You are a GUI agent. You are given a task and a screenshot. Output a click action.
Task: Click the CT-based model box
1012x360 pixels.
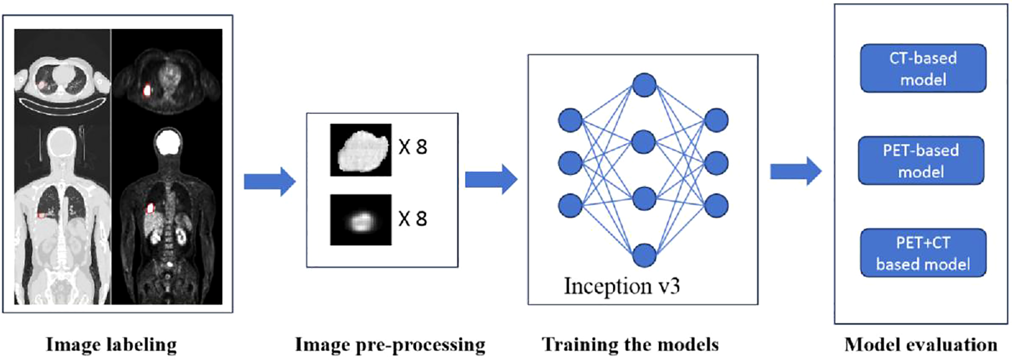pos(923,68)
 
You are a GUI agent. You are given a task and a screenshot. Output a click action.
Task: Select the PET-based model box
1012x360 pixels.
pos(921,161)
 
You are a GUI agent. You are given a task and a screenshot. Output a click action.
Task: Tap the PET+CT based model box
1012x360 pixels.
pos(923,253)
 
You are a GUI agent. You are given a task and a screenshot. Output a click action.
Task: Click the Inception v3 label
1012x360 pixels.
pos(622,286)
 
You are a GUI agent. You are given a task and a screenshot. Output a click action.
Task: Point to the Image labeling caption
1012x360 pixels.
pos(111,344)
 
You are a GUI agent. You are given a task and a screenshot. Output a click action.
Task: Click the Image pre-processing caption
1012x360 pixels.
pos(390,344)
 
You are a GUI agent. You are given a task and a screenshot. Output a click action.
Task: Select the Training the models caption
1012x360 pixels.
pos(630,344)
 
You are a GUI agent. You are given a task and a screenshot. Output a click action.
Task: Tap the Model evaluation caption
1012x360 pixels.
pos(921,344)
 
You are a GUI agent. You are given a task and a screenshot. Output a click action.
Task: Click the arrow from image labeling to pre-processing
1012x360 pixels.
pos(269,182)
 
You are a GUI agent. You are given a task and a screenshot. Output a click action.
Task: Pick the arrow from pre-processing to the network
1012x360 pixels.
pos(491,179)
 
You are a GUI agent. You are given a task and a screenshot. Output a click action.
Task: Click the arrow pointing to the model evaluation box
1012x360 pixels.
pos(795,171)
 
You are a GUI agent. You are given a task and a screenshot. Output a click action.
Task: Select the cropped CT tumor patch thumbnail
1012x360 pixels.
pos(361,150)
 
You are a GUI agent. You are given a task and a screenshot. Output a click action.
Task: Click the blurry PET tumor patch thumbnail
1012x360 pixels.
pos(361,220)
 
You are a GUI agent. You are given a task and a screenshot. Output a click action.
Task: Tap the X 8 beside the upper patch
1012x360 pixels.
pos(413,148)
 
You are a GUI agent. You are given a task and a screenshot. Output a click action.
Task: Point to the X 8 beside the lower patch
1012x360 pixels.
pos(413,219)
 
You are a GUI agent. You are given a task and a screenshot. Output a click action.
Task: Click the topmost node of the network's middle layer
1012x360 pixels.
pos(644,85)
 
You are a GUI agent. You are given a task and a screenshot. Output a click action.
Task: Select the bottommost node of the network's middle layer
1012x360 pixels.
pos(644,255)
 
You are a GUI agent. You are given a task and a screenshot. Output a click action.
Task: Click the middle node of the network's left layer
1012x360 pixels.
pos(570,163)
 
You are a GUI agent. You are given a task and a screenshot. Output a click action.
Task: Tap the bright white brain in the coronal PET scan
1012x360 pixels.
pos(168,143)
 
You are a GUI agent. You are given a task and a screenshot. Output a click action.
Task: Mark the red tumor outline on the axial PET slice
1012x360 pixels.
pos(147,91)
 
